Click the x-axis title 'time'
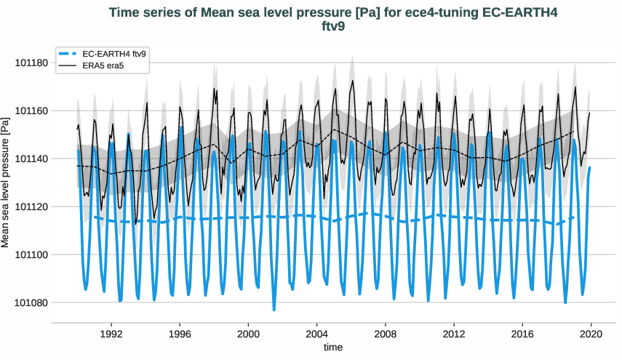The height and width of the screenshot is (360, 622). [332, 348]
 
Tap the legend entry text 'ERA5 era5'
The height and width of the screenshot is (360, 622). [104, 66]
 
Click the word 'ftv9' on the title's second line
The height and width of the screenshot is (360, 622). [332, 27]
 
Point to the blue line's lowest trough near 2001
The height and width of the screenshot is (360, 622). [274, 310]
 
